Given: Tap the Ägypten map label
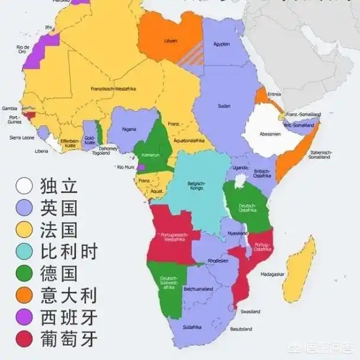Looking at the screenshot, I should (x=221, y=44).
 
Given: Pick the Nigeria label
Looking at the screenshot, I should (x=129, y=128).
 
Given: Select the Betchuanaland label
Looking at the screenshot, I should (x=199, y=290).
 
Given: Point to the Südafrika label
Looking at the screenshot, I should (x=192, y=326).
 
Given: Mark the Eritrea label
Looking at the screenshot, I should (x=274, y=94).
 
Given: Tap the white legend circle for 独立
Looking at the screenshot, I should (x=24, y=186).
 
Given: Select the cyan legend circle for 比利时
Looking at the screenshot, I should (x=24, y=251).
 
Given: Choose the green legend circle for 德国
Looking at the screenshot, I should (x=24, y=273).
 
